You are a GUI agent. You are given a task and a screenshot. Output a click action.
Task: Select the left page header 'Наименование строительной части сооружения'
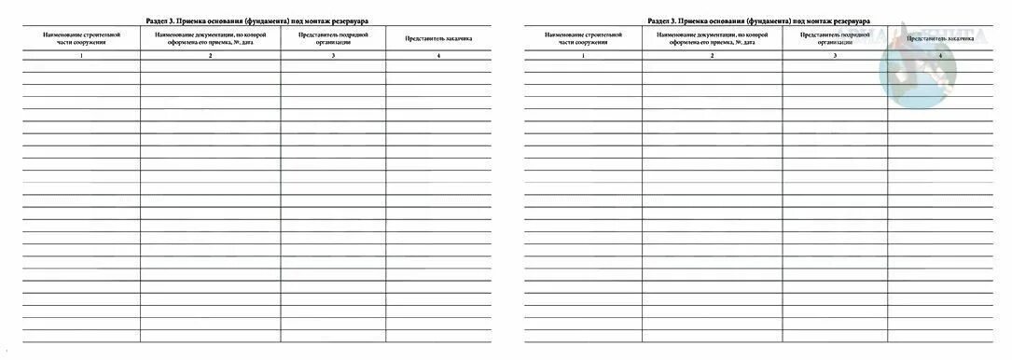[x=81, y=39]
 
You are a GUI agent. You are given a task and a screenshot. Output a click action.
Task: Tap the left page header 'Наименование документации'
[x=211, y=39]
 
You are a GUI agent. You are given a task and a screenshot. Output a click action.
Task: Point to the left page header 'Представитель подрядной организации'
[x=333, y=39]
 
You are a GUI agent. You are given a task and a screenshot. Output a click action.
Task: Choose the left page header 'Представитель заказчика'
[x=438, y=39]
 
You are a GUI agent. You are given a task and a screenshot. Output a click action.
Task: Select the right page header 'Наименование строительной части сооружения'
[x=583, y=39]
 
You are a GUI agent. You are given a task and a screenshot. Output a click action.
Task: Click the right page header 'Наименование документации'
[x=713, y=39]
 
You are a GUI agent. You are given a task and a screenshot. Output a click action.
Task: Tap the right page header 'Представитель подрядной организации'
[x=835, y=39]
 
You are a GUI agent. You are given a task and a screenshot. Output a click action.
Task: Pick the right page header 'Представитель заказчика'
[x=940, y=39]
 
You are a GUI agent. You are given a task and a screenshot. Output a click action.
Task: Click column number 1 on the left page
[x=81, y=57]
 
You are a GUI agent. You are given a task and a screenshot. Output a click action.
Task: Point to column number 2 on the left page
[x=211, y=57]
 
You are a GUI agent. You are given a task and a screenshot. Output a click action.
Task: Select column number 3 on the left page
[x=333, y=57]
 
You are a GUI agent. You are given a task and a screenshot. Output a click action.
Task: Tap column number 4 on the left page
[x=438, y=57]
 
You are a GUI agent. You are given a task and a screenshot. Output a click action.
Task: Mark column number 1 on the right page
[x=583, y=57]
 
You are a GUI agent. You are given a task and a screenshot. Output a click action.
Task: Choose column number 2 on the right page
[x=713, y=57]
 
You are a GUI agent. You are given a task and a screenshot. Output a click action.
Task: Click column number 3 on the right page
[x=835, y=57]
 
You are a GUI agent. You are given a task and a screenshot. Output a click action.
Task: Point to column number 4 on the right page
[x=940, y=57]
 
